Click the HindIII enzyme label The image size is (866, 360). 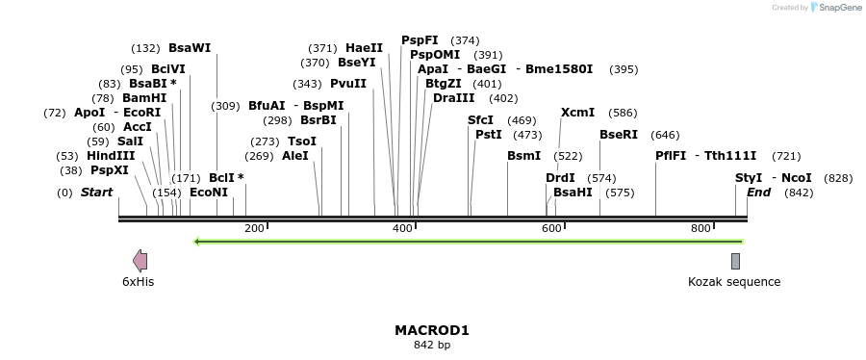click(110, 156)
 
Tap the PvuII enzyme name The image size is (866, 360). click(348, 84)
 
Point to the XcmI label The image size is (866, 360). click(577, 113)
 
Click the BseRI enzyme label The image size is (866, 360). click(618, 135)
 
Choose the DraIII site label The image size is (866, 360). click(453, 98)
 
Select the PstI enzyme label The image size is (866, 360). click(488, 135)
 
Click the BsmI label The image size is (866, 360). click(523, 156)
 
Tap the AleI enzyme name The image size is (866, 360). click(295, 156)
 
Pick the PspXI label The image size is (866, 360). click(110, 170)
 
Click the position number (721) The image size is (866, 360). click(786, 156)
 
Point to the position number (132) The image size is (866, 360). click(145, 48)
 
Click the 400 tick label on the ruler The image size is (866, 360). click(403, 228)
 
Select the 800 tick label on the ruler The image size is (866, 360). click(700, 228)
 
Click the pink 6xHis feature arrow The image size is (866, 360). click(140, 261)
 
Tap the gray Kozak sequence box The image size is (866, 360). click(735, 261)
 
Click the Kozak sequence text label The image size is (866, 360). click(734, 282)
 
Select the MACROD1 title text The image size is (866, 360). click(432, 330)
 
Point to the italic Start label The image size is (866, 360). click(96, 193)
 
